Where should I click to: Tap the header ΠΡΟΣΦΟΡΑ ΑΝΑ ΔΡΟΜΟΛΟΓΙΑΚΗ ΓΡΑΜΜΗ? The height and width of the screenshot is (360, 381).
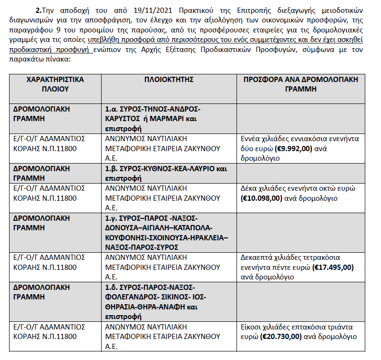point(300,84)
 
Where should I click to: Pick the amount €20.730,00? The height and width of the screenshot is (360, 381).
point(281,336)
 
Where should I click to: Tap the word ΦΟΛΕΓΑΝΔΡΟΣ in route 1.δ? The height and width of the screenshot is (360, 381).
point(131,297)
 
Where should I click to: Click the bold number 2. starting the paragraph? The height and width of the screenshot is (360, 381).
point(39,10)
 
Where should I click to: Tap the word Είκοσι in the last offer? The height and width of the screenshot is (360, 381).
point(253,327)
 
